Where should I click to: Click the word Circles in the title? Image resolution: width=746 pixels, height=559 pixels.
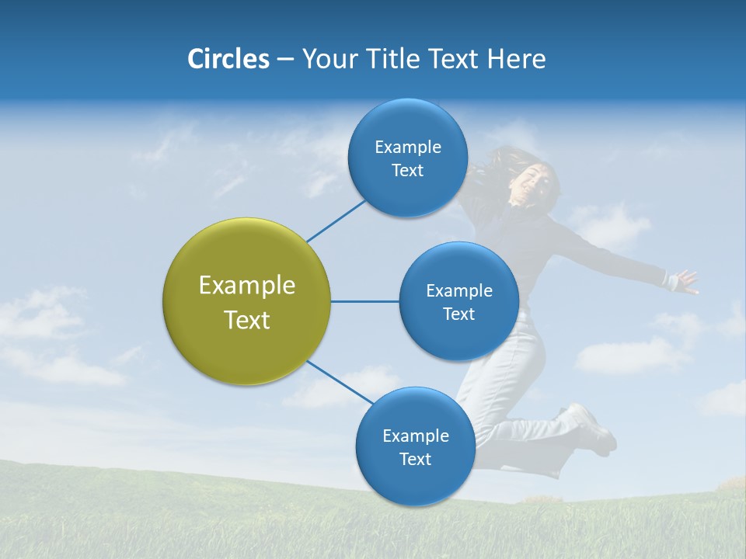pyautogui.click(x=228, y=59)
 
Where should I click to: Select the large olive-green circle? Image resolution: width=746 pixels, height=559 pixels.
pyautogui.click(x=246, y=302)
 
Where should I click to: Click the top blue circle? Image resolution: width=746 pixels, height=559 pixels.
pyautogui.click(x=407, y=158)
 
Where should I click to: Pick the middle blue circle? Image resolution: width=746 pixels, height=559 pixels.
pyautogui.click(x=458, y=301)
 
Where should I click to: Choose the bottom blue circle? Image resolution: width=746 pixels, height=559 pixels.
pyautogui.click(x=415, y=447)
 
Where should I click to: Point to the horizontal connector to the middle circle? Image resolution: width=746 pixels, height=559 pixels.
pyautogui.click(x=364, y=301)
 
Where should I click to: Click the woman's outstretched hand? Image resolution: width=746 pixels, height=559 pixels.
pyautogui.click(x=685, y=280)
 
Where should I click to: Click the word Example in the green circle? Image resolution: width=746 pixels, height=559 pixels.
pyautogui.click(x=246, y=286)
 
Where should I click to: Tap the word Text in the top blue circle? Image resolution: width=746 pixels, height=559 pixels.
pyautogui.click(x=407, y=171)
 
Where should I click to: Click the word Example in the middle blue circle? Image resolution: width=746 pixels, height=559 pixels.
pyautogui.click(x=458, y=290)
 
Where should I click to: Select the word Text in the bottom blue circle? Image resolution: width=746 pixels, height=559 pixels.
pyautogui.click(x=415, y=459)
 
